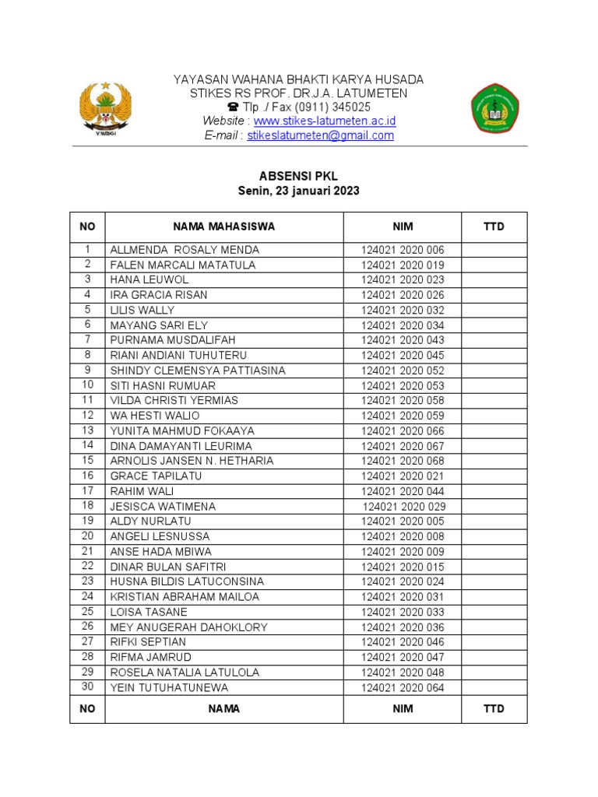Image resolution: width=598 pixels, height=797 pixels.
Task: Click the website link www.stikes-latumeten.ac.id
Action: coord(325,121)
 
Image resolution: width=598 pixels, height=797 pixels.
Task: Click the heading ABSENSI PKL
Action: coord(298,177)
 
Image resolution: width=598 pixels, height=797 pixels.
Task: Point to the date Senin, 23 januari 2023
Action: coord(298,191)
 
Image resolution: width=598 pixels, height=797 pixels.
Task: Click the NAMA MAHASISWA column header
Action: coord(223,227)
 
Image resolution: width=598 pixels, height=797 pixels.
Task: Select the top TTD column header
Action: coord(494,227)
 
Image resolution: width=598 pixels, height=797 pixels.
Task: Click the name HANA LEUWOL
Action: coord(149,279)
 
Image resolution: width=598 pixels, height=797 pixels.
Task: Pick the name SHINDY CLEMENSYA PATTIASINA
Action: coord(198,370)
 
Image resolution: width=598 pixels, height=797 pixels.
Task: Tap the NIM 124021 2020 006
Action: coord(403,250)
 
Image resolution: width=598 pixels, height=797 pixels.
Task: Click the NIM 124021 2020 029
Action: coord(404,507)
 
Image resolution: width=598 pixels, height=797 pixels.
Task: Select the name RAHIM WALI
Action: coord(142,491)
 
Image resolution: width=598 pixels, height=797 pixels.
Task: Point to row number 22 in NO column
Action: coord(87,566)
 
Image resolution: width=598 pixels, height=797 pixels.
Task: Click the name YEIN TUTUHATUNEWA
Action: coord(169,687)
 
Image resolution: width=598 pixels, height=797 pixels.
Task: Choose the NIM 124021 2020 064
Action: coord(403,687)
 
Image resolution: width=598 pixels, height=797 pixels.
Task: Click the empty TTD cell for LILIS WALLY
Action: coord(494,310)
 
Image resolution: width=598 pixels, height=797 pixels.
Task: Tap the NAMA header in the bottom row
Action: coord(223,709)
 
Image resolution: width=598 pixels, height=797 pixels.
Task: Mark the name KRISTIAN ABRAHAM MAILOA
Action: coord(185,597)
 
